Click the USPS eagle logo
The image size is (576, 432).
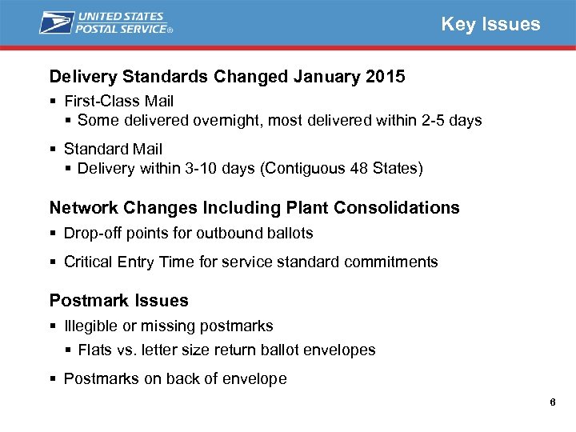tap(57, 22)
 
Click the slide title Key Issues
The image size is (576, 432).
tap(490, 24)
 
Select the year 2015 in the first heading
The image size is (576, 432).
tap(384, 77)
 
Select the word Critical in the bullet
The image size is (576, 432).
tap(87, 262)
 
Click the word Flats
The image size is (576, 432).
tap(95, 350)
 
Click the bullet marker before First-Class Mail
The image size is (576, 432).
tap(52, 102)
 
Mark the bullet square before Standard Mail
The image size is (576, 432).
tap(52, 150)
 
